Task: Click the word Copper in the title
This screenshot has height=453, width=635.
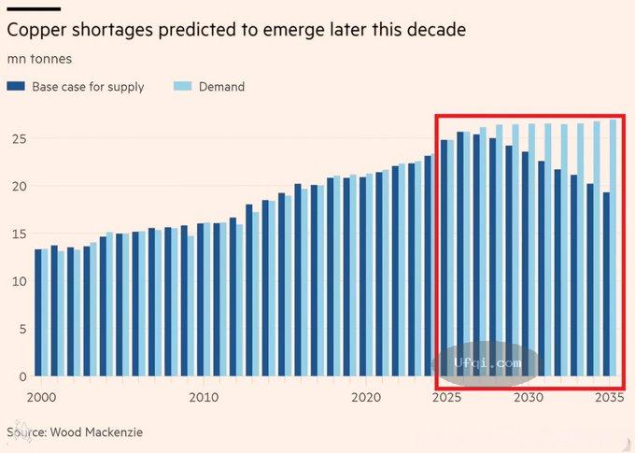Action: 36,30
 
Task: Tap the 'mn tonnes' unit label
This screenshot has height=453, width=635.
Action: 39,59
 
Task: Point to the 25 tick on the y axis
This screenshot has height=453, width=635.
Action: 17,139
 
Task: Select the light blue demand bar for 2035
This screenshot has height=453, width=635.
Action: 614,248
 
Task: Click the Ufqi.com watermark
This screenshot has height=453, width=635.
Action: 487,362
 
